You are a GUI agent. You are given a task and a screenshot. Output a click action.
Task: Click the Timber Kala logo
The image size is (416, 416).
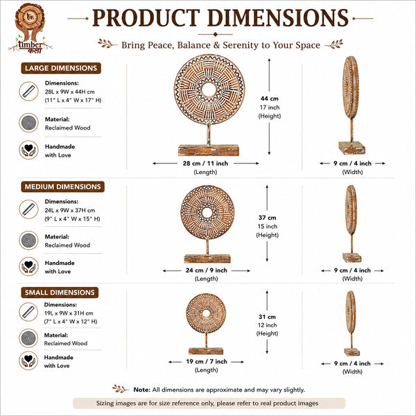tap(30, 28)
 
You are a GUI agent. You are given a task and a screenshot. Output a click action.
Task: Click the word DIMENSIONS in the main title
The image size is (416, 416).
tap(278, 18)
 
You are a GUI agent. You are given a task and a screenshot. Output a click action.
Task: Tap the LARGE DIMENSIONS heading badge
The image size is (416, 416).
tap(61, 68)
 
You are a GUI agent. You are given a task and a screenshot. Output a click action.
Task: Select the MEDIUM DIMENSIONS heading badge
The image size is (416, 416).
tap(62, 187)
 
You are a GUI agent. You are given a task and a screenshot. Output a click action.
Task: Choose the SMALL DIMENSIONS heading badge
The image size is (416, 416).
tap(60, 293)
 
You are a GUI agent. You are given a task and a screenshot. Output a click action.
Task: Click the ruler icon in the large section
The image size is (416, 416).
tap(29, 92)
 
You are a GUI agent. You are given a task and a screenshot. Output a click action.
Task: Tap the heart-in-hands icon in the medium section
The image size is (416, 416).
tap(28, 266)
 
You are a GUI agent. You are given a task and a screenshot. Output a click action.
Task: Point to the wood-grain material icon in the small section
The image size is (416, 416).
tap(28, 338)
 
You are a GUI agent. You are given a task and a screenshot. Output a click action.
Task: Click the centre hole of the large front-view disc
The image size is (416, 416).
tap(209, 89)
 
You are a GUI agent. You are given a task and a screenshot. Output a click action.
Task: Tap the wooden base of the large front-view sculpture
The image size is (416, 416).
tap(209, 150)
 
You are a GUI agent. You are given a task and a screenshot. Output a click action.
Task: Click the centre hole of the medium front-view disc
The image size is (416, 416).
tap(207, 212)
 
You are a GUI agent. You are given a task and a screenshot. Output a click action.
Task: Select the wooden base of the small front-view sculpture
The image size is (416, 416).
tap(206, 351)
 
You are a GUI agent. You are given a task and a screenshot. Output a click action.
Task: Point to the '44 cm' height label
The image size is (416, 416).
tap(270, 98)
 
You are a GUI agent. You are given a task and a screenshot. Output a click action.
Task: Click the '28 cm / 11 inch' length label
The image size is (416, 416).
tap(205, 164)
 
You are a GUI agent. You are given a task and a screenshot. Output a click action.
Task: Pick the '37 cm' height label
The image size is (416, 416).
tap(268, 218)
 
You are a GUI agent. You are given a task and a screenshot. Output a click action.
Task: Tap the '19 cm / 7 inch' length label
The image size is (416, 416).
tap(207, 362)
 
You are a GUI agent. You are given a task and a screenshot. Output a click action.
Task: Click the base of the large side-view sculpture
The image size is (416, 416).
tap(352, 148)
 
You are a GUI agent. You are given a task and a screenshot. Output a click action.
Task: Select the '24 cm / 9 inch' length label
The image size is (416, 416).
tap(207, 270)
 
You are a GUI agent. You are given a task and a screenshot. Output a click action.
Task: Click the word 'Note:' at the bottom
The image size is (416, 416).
tap(142, 390)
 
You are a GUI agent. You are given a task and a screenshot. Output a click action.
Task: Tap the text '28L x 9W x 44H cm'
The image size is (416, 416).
tap(70, 92)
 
